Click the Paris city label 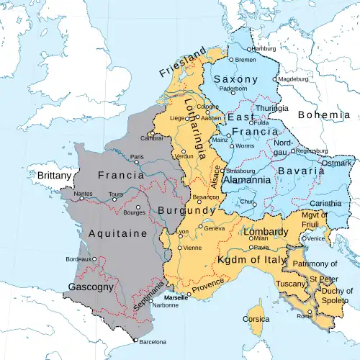[138, 157]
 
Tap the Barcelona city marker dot [135, 339]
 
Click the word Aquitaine [116, 233]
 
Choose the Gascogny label [91, 287]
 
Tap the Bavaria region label [302, 173]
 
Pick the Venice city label [316, 238]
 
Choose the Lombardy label [266, 231]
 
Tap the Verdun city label [184, 156]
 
